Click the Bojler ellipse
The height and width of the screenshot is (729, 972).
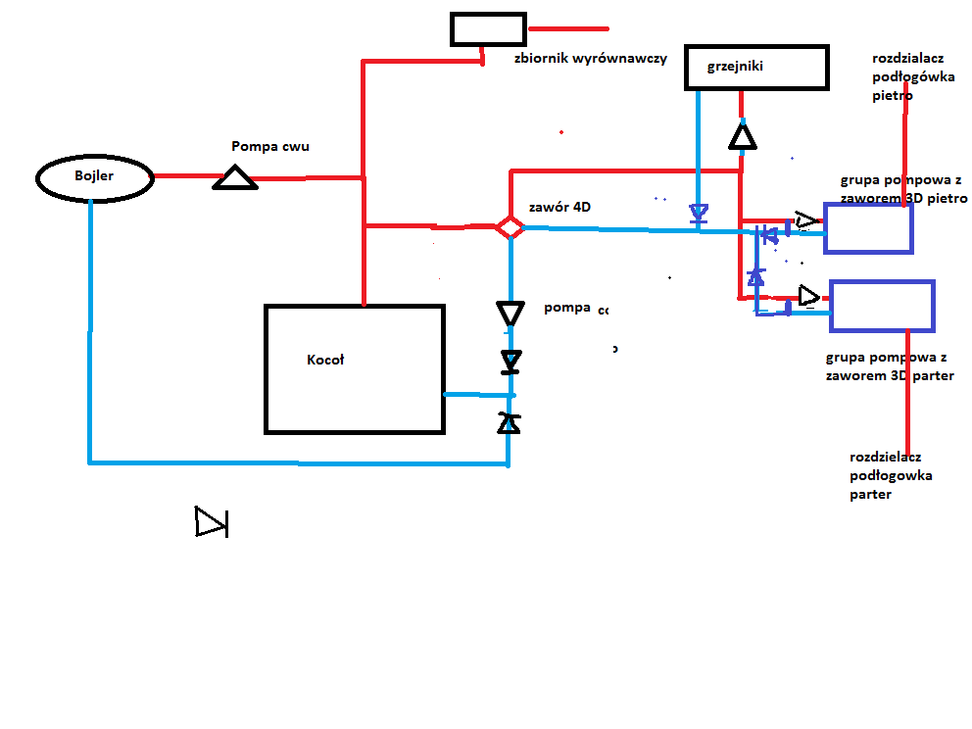click(x=95, y=178)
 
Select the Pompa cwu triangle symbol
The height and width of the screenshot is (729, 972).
click(x=235, y=177)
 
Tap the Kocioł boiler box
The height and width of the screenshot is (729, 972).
click(x=354, y=368)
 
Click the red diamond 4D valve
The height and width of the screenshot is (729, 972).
click(x=510, y=227)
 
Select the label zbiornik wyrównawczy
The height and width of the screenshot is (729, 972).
click(x=590, y=58)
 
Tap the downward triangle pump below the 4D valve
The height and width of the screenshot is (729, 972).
click(x=510, y=314)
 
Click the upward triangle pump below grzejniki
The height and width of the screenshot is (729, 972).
click(x=744, y=135)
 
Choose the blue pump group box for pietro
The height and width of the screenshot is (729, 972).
click(x=868, y=227)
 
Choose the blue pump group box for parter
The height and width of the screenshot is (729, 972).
click(x=882, y=305)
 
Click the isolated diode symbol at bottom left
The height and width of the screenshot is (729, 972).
click(x=211, y=522)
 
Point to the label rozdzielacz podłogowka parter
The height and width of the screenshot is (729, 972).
click(x=891, y=475)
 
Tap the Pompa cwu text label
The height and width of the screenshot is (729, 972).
click(x=270, y=146)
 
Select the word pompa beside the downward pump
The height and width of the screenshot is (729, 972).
click(x=567, y=308)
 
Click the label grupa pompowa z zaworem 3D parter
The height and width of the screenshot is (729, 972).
click(x=890, y=366)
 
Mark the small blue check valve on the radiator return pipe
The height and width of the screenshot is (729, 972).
click(x=698, y=213)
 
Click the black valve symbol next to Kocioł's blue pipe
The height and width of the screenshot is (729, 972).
click(x=509, y=423)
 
